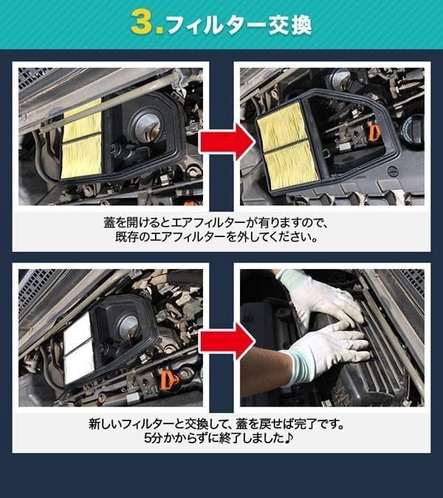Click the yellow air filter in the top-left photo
click(x=81, y=140)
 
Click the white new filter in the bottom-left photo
click(x=79, y=348)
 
